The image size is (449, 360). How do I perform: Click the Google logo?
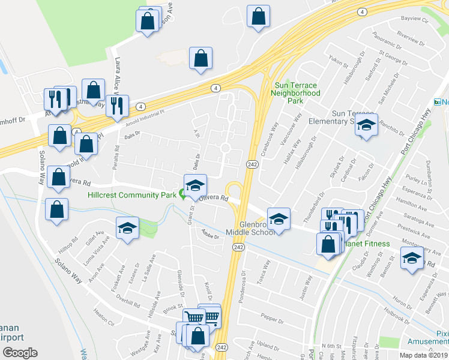[x=20, y=352]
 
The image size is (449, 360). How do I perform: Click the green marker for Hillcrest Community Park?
[x=182, y=194]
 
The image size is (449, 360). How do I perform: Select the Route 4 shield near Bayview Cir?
[x=362, y=11]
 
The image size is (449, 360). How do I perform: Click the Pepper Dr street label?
[x=273, y=320]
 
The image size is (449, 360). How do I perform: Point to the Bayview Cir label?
[x=414, y=19]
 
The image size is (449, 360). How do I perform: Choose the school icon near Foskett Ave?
[x=127, y=227]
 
